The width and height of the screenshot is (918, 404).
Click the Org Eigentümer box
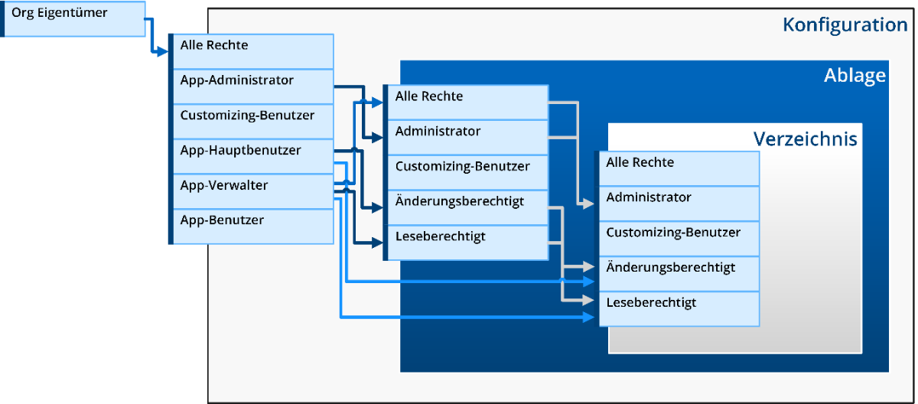tap(73, 18)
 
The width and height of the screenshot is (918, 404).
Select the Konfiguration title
tap(845, 25)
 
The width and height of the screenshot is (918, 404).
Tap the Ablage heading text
tap(855, 76)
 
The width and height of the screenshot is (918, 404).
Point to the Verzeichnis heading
tap(805, 139)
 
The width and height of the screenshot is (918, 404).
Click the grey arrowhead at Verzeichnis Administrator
tap(589, 204)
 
